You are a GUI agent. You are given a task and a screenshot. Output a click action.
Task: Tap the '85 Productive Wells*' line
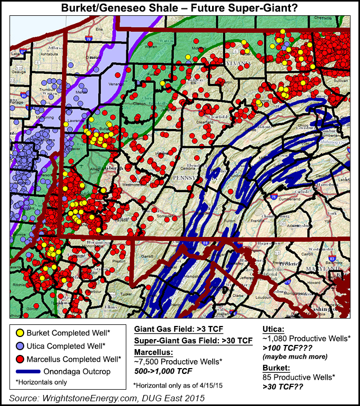pos(298,377)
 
